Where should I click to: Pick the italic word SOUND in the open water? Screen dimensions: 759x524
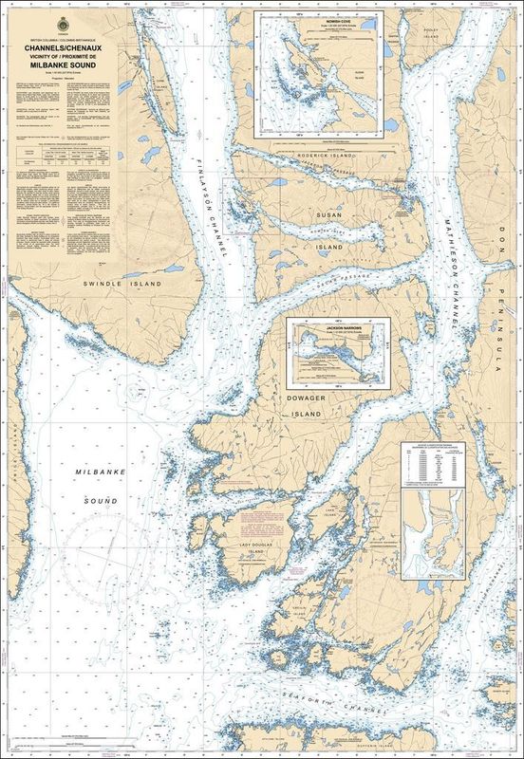click(98, 500)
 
